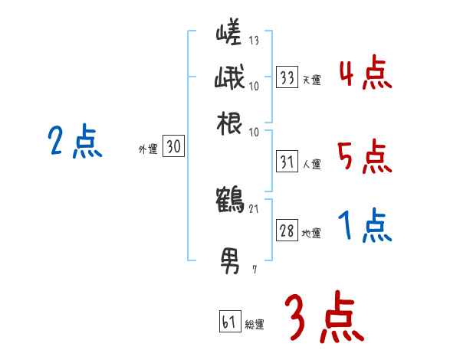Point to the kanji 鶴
click(230, 201)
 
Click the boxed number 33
click(287, 77)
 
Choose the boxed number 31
click(287, 162)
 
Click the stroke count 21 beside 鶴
click(254, 208)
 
